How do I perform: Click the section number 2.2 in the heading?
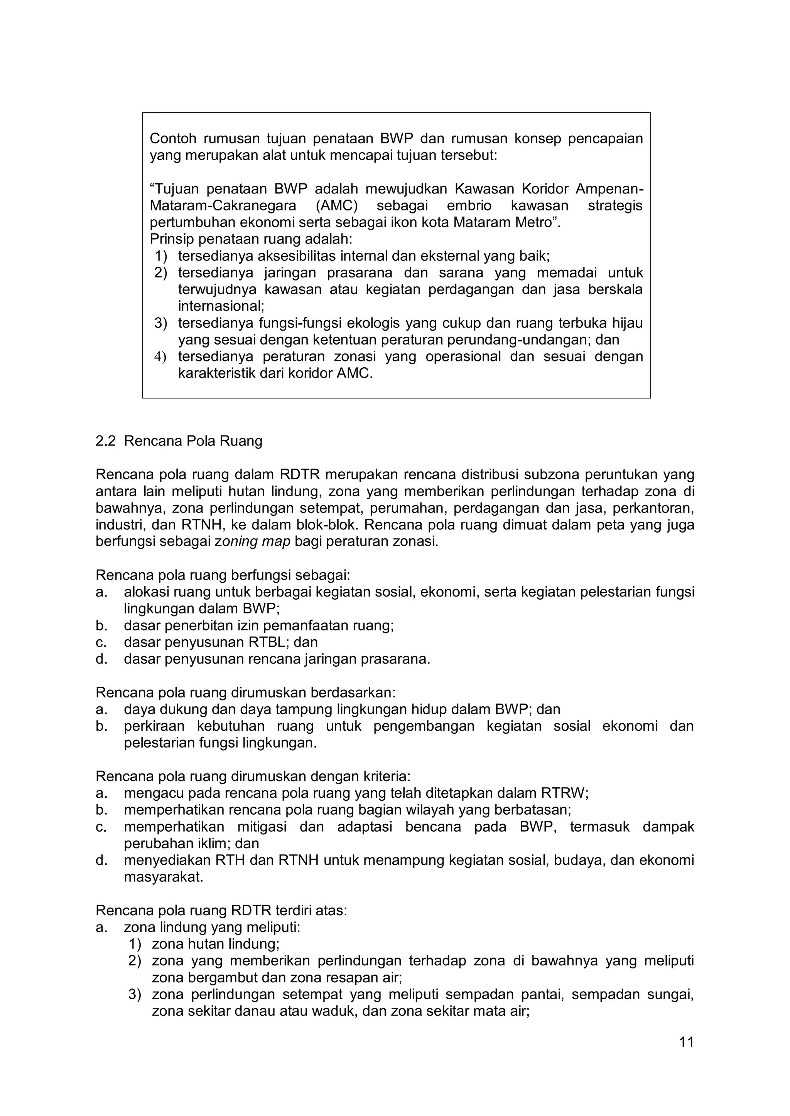pyautogui.click(x=106, y=441)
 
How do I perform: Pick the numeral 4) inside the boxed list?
pyautogui.click(x=160, y=356)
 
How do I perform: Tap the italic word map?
pyautogui.click(x=276, y=541)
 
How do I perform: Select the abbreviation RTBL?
pyautogui.click(x=267, y=642)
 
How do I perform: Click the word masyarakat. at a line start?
pyautogui.click(x=164, y=877)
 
